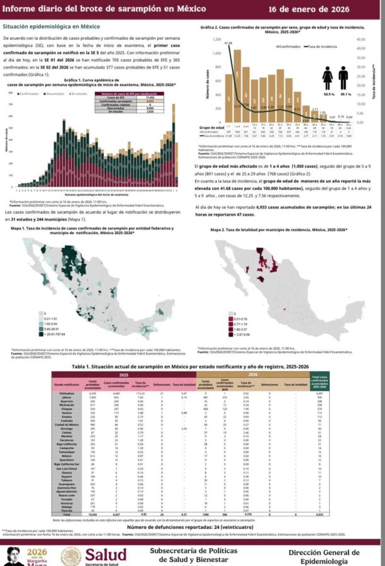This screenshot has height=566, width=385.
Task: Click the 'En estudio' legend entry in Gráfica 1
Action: [79, 93]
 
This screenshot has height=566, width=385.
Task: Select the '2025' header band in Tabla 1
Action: [124, 374]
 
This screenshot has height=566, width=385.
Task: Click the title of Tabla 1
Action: [192, 365]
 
